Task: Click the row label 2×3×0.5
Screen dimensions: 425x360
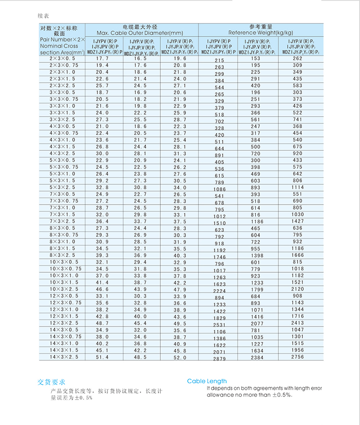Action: [x=62, y=58]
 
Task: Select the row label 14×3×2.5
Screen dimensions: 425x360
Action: [x=62, y=357]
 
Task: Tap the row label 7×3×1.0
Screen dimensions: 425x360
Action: [x=62, y=207]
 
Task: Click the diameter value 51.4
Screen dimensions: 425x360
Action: [x=103, y=357]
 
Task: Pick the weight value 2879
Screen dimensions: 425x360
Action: [x=219, y=359]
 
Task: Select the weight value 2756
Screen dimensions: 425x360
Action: [x=298, y=357]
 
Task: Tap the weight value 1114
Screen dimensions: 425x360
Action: [x=298, y=187]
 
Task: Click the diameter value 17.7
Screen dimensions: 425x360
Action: [x=103, y=58]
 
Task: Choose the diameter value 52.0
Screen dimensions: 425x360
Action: [x=180, y=357]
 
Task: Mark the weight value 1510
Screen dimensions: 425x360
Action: [x=219, y=223]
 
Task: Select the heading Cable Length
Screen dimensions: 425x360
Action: [x=207, y=381]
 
